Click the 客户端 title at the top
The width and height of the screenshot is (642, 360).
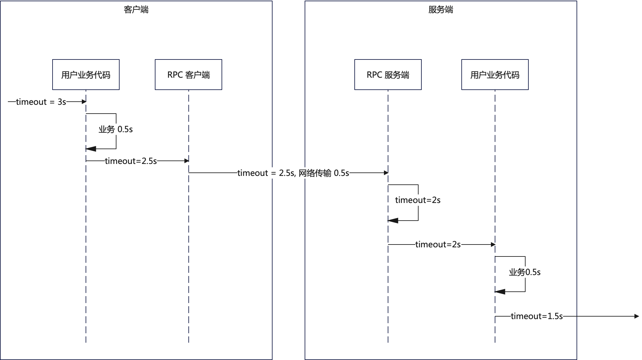(136, 10)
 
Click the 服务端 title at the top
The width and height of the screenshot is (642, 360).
(441, 10)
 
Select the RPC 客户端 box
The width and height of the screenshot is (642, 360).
(188, 75)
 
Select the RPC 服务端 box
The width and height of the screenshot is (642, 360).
(388, 75)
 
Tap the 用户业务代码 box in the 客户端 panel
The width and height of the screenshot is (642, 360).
(86, 75)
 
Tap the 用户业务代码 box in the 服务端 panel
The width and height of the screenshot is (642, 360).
(495, 75)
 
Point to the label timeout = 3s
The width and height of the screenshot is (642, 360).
(41, 102)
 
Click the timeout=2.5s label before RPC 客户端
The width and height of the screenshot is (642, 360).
(131, 161)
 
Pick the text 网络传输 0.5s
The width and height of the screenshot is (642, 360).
(324, 173)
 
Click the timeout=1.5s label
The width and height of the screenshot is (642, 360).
(537, 316)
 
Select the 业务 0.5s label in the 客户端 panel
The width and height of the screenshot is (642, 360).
(115, 129)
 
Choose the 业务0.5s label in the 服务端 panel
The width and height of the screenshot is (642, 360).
(525, 272)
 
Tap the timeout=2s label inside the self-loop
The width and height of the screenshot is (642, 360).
(418, 200)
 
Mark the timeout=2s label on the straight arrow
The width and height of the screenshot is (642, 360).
(438, 244)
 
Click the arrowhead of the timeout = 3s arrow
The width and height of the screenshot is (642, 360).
(84, 102)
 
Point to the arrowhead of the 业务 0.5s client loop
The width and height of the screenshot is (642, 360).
(91, 149)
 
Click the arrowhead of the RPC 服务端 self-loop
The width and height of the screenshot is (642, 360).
(393, 221)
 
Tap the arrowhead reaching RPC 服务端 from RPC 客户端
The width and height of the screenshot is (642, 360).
(386, 173)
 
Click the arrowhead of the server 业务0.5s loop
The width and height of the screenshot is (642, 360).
(500, 292)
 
